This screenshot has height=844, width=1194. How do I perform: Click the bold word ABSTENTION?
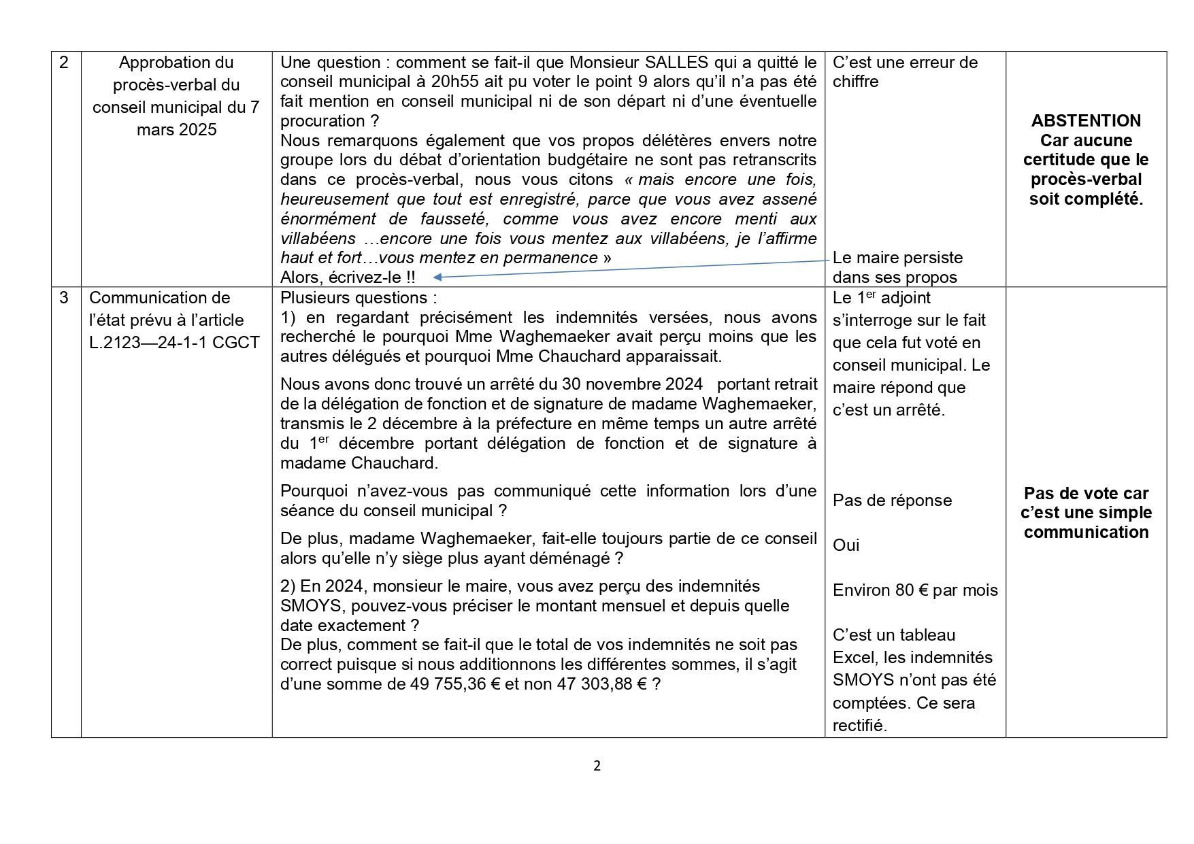pos(1086,121)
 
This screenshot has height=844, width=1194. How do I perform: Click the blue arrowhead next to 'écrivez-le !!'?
pos(437,277)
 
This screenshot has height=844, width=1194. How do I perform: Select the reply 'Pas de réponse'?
pos(892,501)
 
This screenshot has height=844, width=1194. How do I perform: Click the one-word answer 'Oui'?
pos(846,545)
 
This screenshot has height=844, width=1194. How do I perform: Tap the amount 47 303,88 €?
pos(602,684)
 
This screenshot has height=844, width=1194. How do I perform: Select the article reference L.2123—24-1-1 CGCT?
pos(174,343)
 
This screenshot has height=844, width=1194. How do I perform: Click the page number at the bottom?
pos(597,766)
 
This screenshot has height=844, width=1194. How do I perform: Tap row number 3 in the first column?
pos(64,298)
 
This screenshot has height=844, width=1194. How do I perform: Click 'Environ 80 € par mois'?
pos(915,590)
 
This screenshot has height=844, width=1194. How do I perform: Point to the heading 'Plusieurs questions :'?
pos(359,298)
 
